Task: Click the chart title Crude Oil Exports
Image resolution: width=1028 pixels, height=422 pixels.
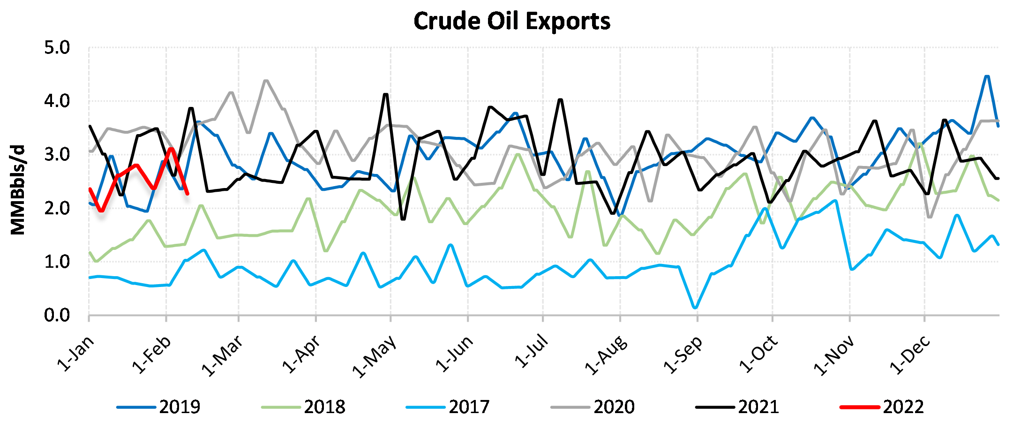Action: point(512,21)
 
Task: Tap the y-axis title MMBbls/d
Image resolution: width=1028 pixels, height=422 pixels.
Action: point(18,190)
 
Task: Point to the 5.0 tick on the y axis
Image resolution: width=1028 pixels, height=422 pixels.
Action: point(57,48)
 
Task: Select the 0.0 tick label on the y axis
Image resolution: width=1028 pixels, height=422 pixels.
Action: point(57,316)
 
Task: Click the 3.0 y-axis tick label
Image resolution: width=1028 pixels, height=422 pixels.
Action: point(57,155)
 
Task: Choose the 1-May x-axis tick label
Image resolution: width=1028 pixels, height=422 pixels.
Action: point(375,356)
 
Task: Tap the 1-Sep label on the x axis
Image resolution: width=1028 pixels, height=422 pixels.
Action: point(683,355)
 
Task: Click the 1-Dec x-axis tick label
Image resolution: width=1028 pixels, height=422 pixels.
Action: point(910,355)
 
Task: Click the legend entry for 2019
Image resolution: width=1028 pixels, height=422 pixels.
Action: point(159,407)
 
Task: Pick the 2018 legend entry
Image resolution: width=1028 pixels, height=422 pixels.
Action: point(304,407)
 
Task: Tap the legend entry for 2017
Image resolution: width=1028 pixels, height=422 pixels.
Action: point(449,407)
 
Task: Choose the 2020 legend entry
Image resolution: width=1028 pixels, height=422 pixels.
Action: point(593,407)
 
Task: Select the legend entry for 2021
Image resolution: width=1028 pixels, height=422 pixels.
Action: point(738,407)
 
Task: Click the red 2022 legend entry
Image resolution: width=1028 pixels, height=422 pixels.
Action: point(883,407)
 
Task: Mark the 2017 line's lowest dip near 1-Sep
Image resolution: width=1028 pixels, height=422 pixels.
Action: point(695,308)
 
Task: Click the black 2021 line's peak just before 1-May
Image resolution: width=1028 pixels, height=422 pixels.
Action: point(386,94)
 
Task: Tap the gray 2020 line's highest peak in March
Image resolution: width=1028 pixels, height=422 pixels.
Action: point(266,81)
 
